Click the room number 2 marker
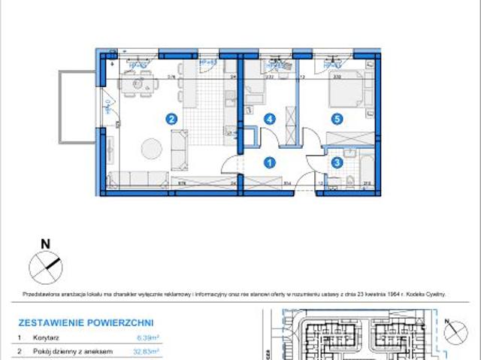click(172, 118)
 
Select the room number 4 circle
click(269, 118)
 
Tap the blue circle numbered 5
click(338, 118)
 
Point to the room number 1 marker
click(270, 159)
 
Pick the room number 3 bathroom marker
click(337, 160)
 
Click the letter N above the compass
click(45, 243)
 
